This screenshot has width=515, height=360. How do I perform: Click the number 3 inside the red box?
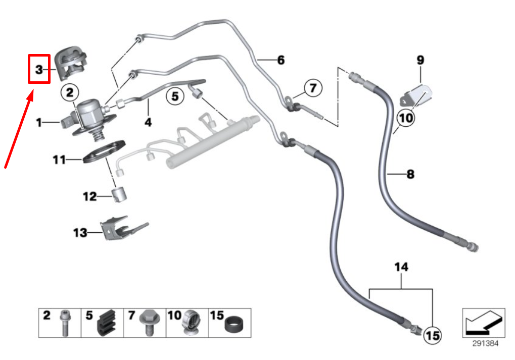(x=39, y=69)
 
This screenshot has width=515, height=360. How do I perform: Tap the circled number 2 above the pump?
(x=70, y=92)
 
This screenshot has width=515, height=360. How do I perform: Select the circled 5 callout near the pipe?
(x=174, y=95)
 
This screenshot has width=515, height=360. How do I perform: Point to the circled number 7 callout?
(x=312, y=88)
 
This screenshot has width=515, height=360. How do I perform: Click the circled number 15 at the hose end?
(x=432, y=334)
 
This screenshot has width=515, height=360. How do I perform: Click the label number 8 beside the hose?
(x=410, y=175)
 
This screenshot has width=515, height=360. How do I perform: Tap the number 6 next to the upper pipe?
(x=280, y=60)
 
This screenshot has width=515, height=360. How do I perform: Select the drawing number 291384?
(x=485, y=343)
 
